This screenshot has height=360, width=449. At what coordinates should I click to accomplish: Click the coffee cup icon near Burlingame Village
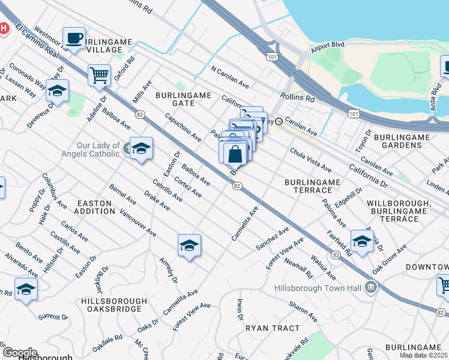click(74, 38)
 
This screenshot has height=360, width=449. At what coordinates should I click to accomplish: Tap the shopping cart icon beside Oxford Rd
click(99, 76)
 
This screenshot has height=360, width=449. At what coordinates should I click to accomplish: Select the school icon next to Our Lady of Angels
click(141, 149)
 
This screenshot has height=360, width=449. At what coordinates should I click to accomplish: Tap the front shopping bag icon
click(236, 154)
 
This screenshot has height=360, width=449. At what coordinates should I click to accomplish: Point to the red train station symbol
click(279, 121)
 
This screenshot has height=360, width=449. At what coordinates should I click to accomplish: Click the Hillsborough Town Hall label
click(319, 288)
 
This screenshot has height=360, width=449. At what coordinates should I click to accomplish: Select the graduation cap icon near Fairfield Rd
click(362, 241)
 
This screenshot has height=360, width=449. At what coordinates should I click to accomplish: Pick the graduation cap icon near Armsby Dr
click(189, 245)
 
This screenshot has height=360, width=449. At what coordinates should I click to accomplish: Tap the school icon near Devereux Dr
click(57, 91)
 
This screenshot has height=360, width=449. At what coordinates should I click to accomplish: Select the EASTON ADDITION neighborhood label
click(95, 208)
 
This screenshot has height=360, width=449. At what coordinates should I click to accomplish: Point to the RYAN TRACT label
click(272, 328)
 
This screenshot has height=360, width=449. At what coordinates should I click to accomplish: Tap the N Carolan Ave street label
click(229, 77)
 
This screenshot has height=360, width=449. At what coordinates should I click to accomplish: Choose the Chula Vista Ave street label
click(310, 160)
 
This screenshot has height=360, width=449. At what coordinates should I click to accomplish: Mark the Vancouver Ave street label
click(138, 223)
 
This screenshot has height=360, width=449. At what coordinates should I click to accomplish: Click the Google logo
click(19, 352)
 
